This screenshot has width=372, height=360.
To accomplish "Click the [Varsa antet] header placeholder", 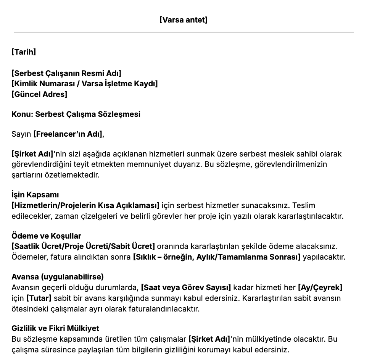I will (184, 20).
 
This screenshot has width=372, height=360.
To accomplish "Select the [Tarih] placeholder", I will (24, 52).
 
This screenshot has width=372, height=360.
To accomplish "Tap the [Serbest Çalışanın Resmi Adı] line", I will (66, 73).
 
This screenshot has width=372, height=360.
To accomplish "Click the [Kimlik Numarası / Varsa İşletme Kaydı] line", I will (84, 84).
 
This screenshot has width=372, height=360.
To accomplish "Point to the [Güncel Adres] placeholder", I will (39, 94).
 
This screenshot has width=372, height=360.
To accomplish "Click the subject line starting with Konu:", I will (76, 114).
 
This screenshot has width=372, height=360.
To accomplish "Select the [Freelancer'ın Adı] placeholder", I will (68, 134).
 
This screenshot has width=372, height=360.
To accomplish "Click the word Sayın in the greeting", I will (21, 134).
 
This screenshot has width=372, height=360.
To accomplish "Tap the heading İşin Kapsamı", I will (35, 195).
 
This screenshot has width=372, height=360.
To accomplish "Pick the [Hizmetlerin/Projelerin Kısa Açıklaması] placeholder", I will (85, 206).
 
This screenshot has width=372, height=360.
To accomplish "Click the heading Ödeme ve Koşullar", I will (46, 236).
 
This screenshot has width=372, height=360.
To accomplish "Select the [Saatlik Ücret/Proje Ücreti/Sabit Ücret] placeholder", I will (83, 246).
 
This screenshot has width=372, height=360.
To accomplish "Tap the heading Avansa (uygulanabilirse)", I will (58, 277).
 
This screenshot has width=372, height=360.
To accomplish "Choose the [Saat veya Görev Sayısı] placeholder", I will (186, 287).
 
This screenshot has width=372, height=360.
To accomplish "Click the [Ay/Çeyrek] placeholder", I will (320, 287).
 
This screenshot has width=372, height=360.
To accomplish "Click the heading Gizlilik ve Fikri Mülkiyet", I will (55, 328).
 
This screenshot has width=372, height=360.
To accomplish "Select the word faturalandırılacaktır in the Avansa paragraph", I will (165, 308).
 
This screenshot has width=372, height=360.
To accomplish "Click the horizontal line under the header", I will (184, 32).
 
